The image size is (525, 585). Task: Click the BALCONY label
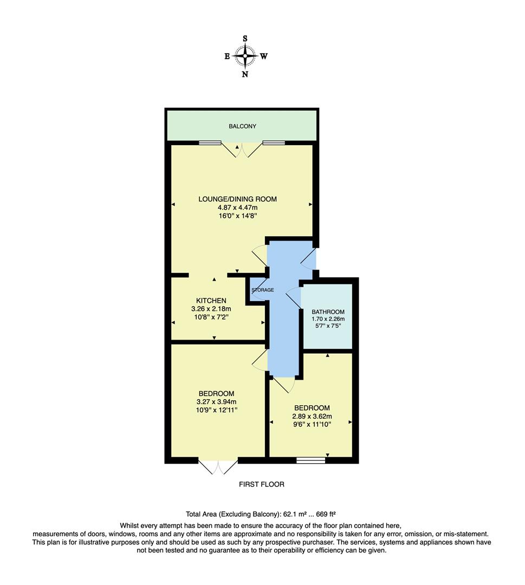[x=242, y=126]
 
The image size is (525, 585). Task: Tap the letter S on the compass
[x=245, y=38]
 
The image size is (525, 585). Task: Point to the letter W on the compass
[x=264, y=56]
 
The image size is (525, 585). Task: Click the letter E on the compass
[x=227, y=56]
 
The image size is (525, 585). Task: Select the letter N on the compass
[x=245, y=75]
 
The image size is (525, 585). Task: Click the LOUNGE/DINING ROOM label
[x=237, y=199]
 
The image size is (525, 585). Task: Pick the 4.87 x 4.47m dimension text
[x=237, y=207]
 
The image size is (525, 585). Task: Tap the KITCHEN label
[x=211, y=301]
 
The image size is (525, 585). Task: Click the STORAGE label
[x=262, y=290]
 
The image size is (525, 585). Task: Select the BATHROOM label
[x=328, y=312]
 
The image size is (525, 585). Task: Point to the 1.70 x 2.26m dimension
[x=328, y=319]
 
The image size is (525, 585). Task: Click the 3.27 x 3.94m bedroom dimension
[x=216, y=402]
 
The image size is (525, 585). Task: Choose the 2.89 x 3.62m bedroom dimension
[x=312, y=417]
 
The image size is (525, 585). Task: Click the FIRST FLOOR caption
[x=262, y=484]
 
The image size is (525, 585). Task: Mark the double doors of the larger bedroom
[x=218, y=467]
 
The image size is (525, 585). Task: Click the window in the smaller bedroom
[x=311, y=460]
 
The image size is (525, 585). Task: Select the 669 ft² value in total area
[x=327, y=513]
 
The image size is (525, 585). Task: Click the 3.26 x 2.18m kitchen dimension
[x=211, y=309]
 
